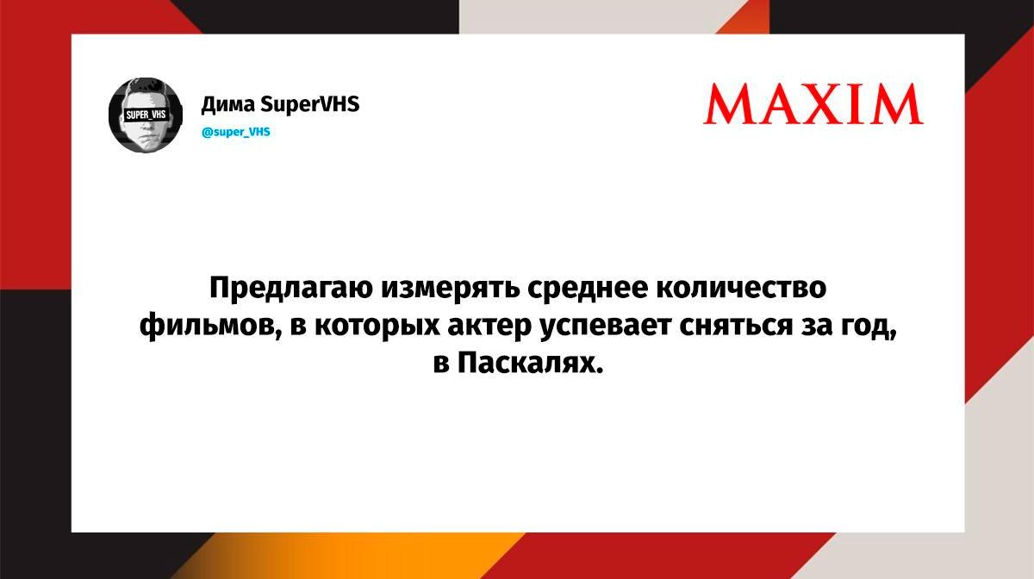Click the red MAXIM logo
pos(813,104)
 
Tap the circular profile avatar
pos(146,115)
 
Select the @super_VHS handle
pos(236,132)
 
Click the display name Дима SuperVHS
pos(280,104)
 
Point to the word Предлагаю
pos(291,289)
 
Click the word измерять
pos(450,289)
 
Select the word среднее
pos(588,289)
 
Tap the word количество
pos(741,288)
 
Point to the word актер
pos(489,327)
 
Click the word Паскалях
pos(531,364)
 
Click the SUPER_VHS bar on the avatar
pos(146,115)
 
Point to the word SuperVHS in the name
pos(309,104)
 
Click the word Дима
pos(227,105)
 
